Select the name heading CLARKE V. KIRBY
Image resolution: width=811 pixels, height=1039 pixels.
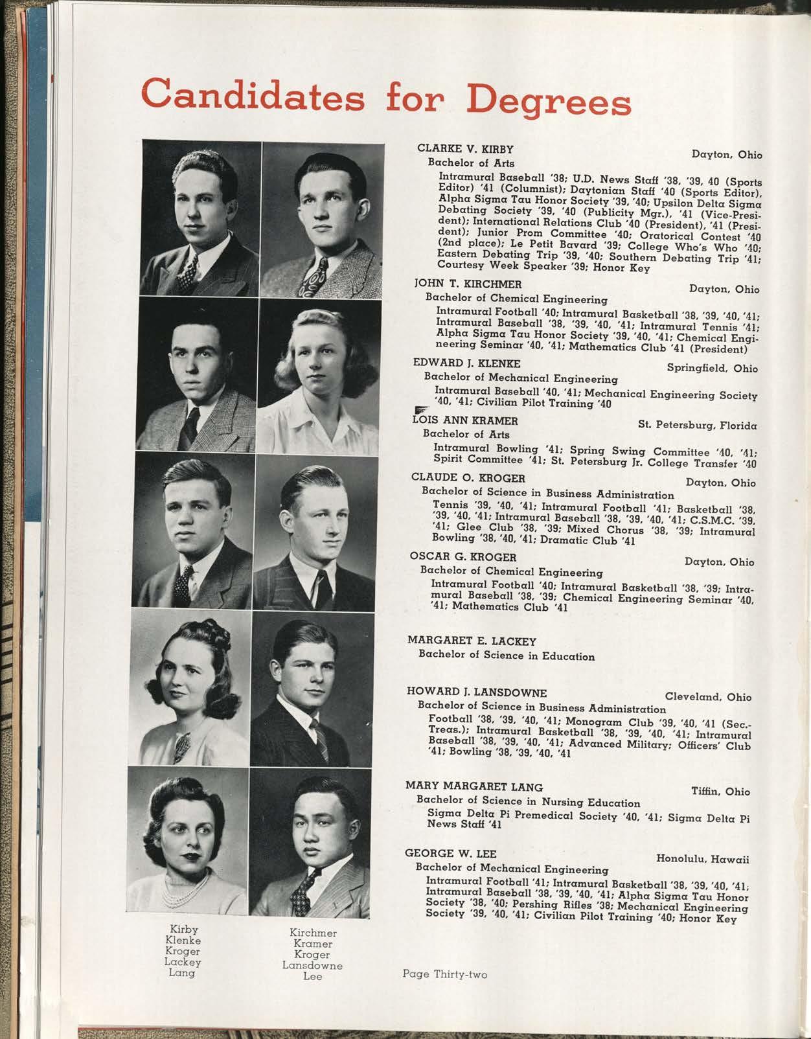(465, 149)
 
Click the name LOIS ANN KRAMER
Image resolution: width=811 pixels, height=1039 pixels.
(465, 420)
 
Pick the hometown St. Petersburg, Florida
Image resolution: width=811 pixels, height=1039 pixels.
(697, 425)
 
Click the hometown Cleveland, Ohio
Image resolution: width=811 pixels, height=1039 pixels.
(708, 697)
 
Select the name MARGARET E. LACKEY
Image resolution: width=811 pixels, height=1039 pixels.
(472, 641)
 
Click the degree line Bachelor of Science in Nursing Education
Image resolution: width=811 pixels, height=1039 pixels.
(528, 802)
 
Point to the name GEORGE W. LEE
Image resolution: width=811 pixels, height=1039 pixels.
(451, 853)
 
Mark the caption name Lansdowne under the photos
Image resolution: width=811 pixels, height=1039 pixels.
(313, 965)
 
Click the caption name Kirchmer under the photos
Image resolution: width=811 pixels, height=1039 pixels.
(313, 933)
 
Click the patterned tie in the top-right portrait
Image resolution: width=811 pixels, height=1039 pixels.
(317, 277)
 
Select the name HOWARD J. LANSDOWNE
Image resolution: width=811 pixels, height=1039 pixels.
(477, 692)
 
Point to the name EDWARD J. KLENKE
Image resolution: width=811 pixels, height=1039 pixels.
(466, 363)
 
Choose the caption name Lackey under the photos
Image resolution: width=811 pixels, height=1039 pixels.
(182, 962)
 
